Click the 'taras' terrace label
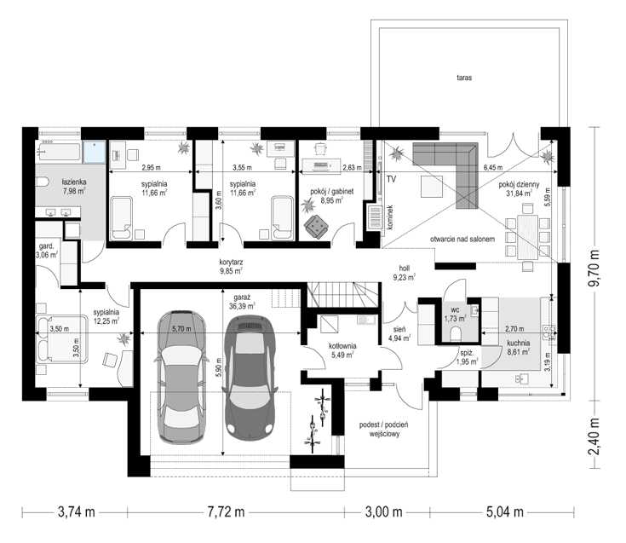[x=464, y=78]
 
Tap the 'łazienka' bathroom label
[x=74, y=182]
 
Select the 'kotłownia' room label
[x=342, y=346]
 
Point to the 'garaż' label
[x=243, y=298]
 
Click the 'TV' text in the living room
[x=391, y=179]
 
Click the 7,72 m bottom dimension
[x=226, y=511]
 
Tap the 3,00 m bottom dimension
[x=383, y=511]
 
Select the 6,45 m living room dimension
[x=493, y=168]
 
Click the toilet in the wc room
[x=456, y=332]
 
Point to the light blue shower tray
[x=95, y=152]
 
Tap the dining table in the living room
[x=527, y=236]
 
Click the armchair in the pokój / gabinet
[x=317, y=227]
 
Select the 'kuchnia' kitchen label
[x=519, y=343]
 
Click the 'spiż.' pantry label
[x=467, y=353]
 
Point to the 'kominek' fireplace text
[x=390, y=217]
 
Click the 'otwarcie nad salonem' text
[x=462, y=240]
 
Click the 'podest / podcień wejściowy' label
[x=383, y=429]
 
